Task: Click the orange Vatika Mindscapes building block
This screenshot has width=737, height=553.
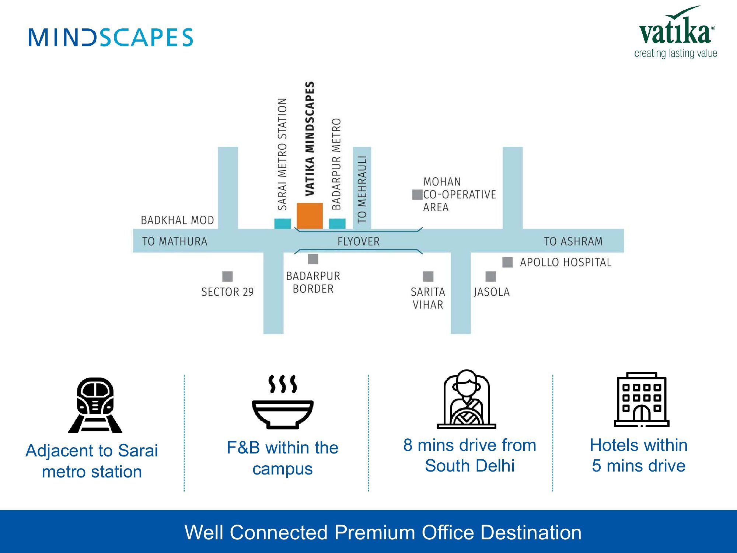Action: [310, 216]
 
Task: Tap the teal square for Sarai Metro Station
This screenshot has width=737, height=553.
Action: [282, 223]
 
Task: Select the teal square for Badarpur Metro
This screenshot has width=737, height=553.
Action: [337, 223]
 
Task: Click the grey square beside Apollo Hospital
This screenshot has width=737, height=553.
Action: [507, 262]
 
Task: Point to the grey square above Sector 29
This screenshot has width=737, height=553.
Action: [227, 276]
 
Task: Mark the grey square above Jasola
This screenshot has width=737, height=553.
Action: [490, 276]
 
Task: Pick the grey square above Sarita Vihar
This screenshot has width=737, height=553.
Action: [428, 276]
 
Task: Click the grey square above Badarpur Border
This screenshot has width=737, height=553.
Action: [313, 259]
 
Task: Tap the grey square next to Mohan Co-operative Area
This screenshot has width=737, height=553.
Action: [417, 194]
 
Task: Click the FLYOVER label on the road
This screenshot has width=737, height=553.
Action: [358, 241]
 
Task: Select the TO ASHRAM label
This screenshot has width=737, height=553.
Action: [573, 241]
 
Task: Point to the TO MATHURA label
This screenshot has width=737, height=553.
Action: [175, 241]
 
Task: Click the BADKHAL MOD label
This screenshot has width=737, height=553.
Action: [177, 220]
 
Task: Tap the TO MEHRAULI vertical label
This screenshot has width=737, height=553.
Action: [362, 189]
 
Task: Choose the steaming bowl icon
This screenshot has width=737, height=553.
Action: [283, 402]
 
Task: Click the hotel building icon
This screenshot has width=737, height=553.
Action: [642, 400]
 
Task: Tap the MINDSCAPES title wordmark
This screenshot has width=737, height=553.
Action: [111, 37]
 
